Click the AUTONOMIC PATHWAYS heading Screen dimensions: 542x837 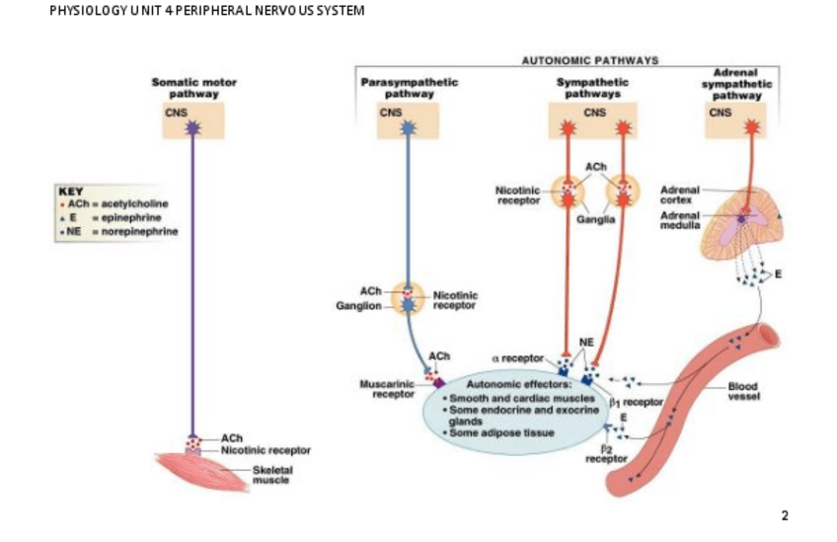[x=588, y=61]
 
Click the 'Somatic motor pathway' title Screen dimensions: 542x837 [x=193, y=89]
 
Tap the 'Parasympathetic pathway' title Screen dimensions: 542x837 [x=409, y=89]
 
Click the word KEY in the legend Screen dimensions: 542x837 [x=72, y=191]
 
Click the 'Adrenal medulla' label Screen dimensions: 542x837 [x=679, y=219]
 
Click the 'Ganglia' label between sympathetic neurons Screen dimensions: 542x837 [x=596, y=219]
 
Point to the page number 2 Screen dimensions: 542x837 [x=785, y=515]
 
